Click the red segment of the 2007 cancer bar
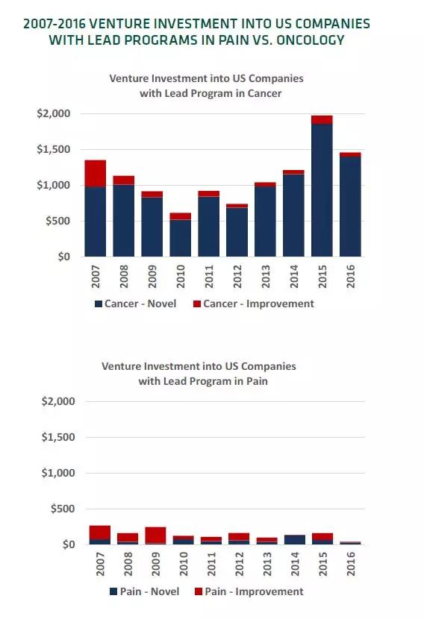point(96,173)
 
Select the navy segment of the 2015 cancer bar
point(322,190)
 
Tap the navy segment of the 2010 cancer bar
point(180,238)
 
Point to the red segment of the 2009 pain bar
point(155,535)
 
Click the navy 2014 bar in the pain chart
point(295,540)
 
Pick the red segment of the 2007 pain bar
point(99,532)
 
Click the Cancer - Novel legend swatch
point(99,304)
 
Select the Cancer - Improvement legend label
point(258,304)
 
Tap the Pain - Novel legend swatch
point(113,591)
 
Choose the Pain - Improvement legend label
point(254,591)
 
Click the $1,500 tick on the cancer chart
point(53,149)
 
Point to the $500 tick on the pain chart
point(63,509)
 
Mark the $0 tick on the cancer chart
point(63,257)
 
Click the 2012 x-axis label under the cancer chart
point(237,277)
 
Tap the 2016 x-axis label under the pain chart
point(351,564)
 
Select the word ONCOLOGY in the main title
point(311,40)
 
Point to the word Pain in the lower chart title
point(258,381)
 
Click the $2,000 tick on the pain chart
point(58,401)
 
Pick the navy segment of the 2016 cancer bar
point(351,207)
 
